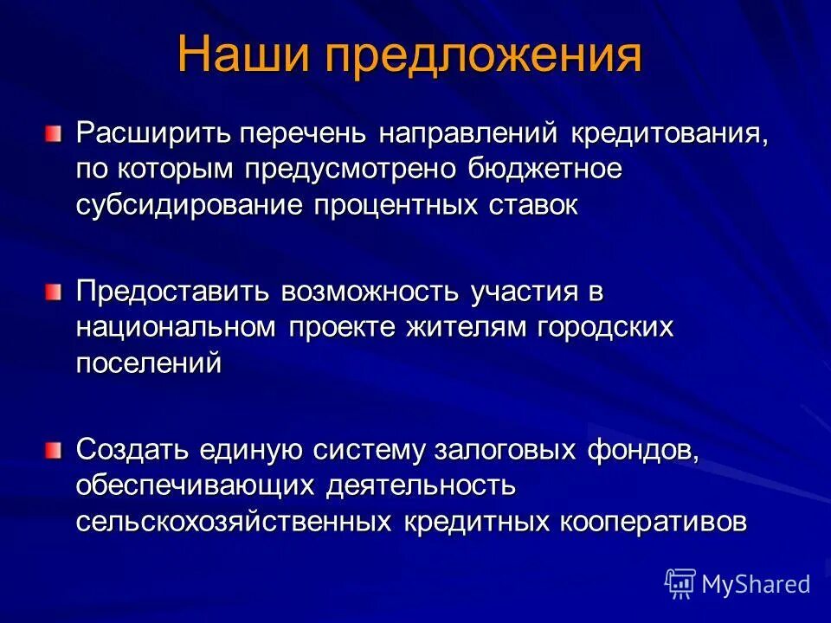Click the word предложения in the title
(x=484, y=57)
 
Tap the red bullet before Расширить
(x=55, y=133)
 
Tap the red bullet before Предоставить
(x=55, y=292)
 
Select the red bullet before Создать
(x=55, y=450)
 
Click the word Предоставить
(x=174, y=292)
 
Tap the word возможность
(x=371, y=292)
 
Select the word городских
(x=596, y=329)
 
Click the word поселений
(x=149, y=364)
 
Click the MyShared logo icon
(x=680, y=583)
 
